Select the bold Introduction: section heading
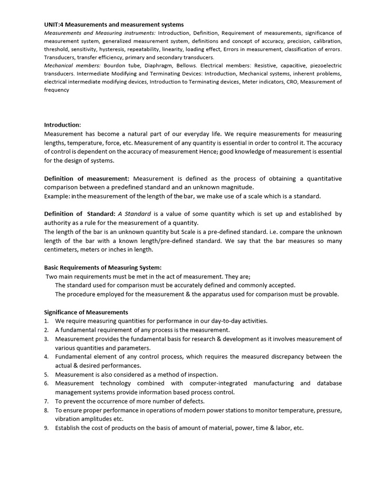(x=62, y=125)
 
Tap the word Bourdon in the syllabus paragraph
(x=114, y=65)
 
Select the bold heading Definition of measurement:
(x=86, y=178)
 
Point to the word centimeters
(x=64, y=249)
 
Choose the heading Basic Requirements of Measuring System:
(x=103, y=268)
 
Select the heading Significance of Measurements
(x=86, y=312)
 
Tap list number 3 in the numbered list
(x=47, y=339)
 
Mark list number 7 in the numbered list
(x=47, y=401)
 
